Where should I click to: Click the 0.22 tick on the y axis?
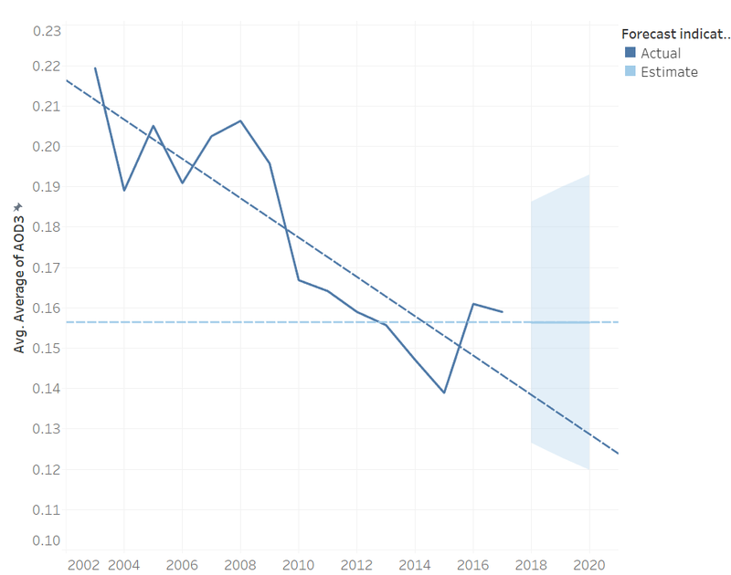click(x=46, y=66)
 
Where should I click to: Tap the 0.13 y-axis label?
click(x=46, y=429)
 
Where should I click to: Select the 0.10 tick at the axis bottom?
click(x=46, y=540)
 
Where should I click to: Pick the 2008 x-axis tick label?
click(x=240, y=565)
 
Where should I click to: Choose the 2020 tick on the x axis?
click(x=589, y=565)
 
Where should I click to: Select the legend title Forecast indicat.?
click(x=675, y=35)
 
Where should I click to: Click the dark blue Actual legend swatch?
click(x=630, y=53)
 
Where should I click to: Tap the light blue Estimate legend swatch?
click(x=630, y=72)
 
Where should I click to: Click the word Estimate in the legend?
click(x=669, y=72)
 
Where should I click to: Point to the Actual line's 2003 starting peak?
click(x=95, y=68)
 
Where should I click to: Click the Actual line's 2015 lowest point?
click(x=444, y=392)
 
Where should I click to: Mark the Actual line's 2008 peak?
click(x=240, y=120)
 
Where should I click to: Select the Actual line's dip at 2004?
click(x=124, y=190)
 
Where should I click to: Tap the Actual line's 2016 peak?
click(x=473, y=304)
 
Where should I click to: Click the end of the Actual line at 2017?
click(x=502, y=312)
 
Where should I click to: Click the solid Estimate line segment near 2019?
click(x=560, y=322)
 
